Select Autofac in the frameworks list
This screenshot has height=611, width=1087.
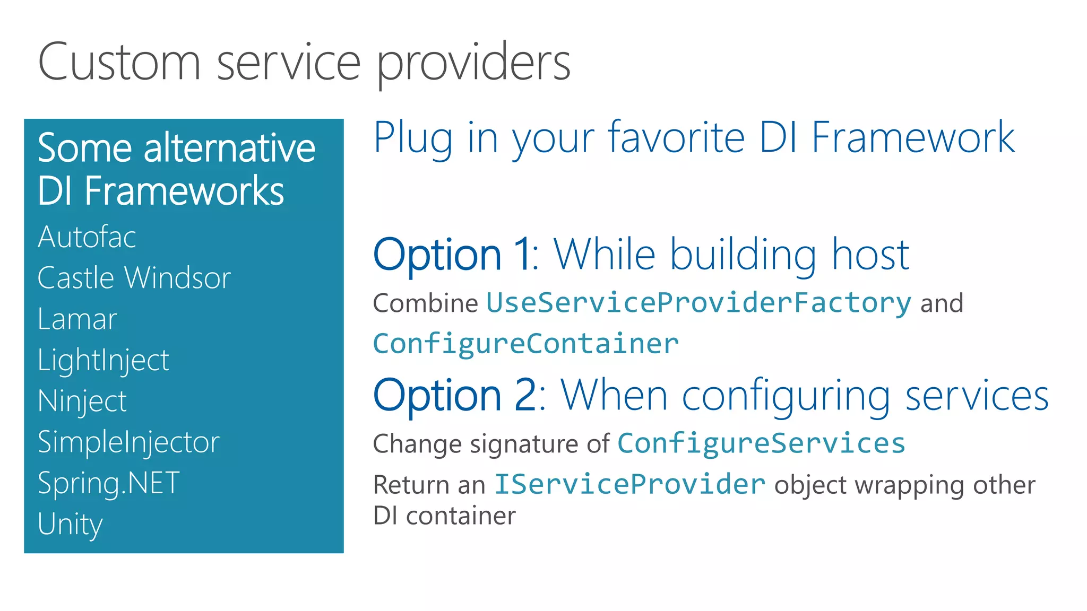point(87,237)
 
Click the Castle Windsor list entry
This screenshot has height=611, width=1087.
point(134,277)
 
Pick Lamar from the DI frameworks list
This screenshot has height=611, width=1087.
point(77,319)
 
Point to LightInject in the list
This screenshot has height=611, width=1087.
point(103,361)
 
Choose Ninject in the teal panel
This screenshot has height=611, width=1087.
point(82,401)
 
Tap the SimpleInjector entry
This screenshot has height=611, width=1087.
point(128,442)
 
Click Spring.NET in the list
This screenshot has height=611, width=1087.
point(109,484)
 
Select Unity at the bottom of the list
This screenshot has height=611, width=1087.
point(70,525)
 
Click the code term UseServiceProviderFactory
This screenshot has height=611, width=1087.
point(698,303)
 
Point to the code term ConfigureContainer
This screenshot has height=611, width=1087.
point(526,344)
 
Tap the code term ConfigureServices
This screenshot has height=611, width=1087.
point(761,443)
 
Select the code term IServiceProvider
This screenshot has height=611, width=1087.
point(630,484)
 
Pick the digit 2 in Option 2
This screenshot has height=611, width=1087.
point(526,395)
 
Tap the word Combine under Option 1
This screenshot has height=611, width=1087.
point(426,303)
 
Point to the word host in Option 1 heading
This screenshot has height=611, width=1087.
point(870,255)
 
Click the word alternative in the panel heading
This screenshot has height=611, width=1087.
point(230,148)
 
